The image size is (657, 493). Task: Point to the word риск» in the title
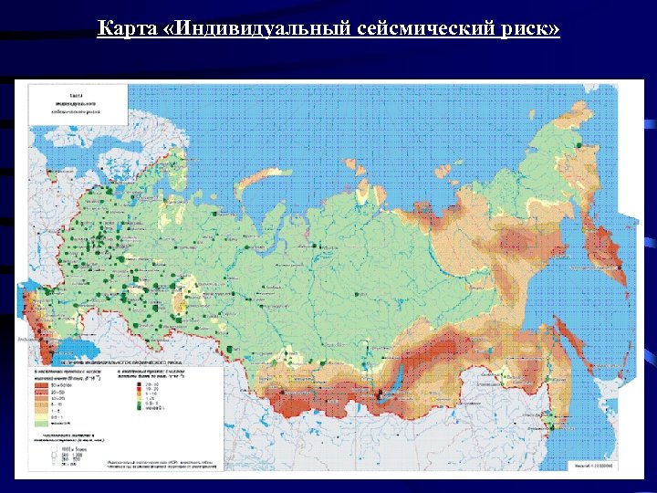[530, 30]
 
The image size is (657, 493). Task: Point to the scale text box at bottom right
[594, 464]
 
